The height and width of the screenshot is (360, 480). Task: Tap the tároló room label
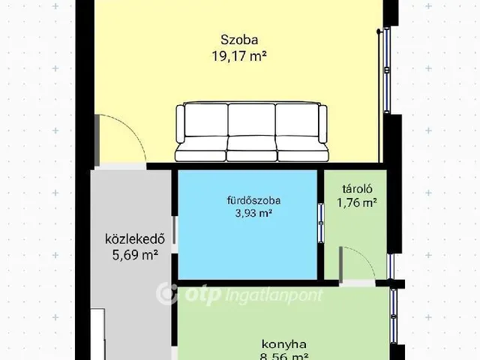356,189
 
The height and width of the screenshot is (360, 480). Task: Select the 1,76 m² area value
356,202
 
